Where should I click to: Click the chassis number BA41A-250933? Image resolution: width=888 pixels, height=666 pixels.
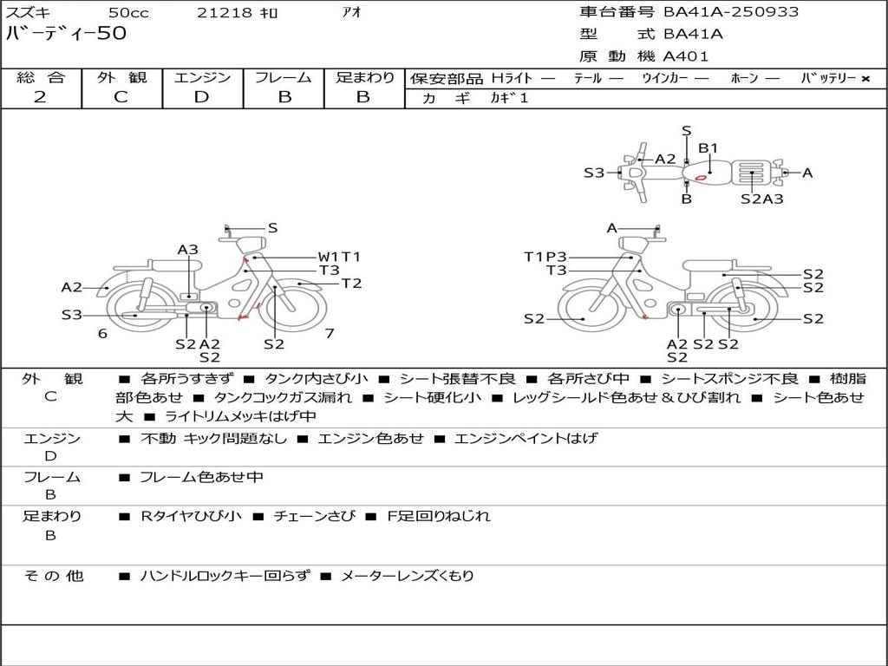[731, 12]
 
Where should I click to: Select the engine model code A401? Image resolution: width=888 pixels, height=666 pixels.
[685, 56]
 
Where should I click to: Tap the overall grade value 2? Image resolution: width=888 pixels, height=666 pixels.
[40, 97]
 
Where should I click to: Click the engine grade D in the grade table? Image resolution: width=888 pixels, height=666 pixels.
[201, 97]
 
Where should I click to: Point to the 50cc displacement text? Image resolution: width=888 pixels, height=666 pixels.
[128, 12]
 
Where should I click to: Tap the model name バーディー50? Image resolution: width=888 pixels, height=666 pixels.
[66, 33]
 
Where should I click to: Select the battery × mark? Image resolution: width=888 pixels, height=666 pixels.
[865, 79]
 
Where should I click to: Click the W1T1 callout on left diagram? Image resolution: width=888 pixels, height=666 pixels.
[339, 257]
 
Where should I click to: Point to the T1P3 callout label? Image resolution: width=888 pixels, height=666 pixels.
[545, 257]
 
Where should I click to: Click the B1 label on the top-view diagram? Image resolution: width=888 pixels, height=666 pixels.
[708, 148]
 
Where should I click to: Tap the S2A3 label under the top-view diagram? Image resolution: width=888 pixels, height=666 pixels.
[761, 199]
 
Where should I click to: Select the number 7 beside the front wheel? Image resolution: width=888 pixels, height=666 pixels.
[330, 333]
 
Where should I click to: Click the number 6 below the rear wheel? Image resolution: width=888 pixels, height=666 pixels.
[102, 333]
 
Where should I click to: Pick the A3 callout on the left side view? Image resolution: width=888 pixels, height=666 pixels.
[188, 250]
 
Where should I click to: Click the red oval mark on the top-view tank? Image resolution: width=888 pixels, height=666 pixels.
[701, 178]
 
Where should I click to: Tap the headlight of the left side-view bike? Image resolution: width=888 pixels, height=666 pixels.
[251, 245]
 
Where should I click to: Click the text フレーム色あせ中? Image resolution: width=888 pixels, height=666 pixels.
[201, 477]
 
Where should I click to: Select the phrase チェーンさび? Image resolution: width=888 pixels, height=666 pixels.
[315, 516]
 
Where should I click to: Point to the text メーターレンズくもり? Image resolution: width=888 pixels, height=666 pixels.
[408, 576]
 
